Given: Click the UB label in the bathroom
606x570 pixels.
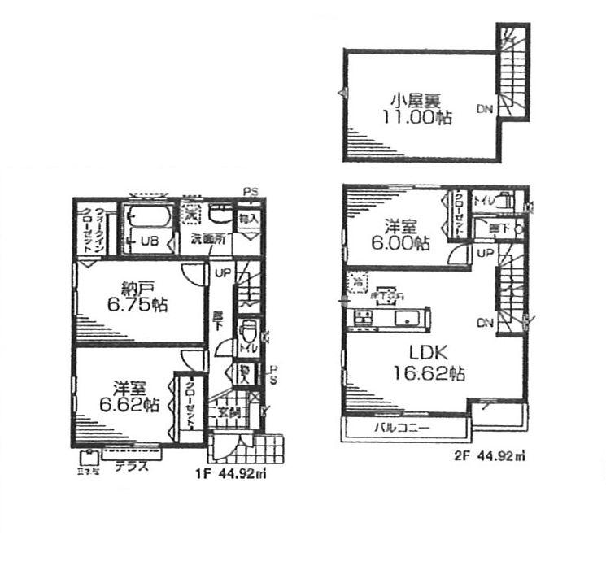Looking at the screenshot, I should click(x=149, y=241).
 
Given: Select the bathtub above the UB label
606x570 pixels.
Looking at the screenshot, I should click(x=146, y=217).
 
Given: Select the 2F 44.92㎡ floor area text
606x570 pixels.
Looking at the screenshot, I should click(x=488, y=456).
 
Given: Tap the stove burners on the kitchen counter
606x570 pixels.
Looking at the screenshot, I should click(x=360, y=317).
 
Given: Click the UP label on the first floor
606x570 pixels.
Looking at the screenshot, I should click(x=221, y=272).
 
